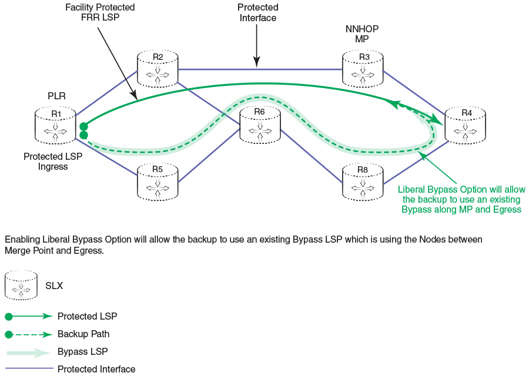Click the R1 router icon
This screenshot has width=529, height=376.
click(x=55, y=125)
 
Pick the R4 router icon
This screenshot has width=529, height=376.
click(x=466, y=125)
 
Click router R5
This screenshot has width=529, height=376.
click(x=158, y=181)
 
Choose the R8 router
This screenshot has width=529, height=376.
click(x=363, y=181)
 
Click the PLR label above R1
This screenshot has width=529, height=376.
click(x=56, y=96)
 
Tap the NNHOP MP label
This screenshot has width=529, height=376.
click(x=362, y=33)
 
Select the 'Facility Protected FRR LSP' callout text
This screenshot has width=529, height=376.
click(x=99, y=12)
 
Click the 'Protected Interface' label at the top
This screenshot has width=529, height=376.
click(x=257, y=12)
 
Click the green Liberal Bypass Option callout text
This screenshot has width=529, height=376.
click(x=461, y=199)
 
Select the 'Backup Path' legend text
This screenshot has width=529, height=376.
click(x=83, y=334)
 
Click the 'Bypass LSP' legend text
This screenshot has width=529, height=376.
click(x=82, y=351)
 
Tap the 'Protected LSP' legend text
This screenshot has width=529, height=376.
click(x=87, y=316)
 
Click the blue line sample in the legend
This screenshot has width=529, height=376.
click(x=29, y=369)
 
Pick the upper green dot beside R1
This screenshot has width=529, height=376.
click(x=83, y=126)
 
